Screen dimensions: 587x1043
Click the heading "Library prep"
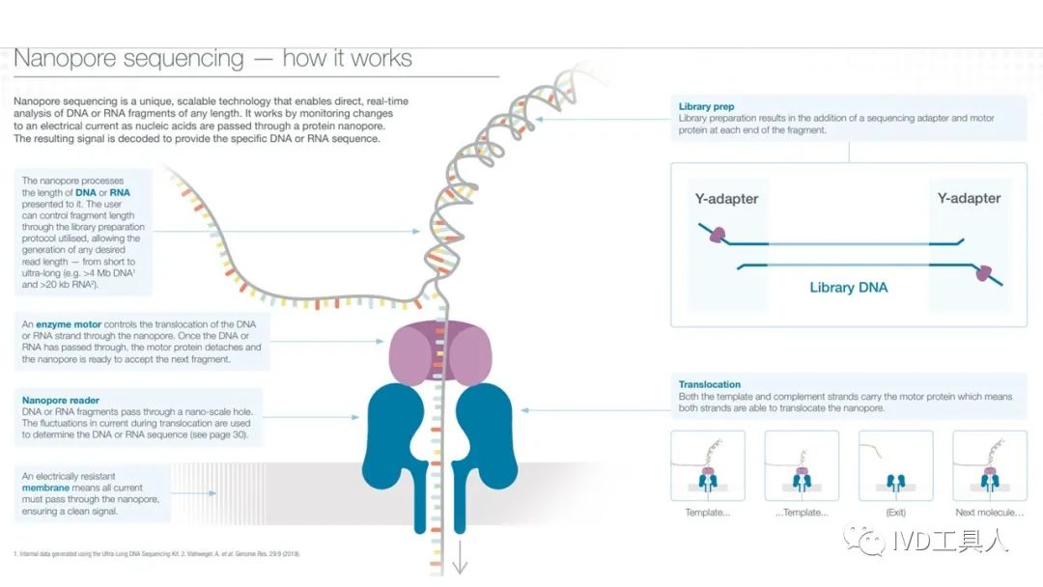click(706, 106)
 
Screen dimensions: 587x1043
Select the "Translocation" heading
click(710, 384)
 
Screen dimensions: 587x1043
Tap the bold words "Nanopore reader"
click(60, 399)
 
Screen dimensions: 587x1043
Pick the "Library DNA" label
click(848, 287)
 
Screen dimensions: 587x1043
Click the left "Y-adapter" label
click(726, 199)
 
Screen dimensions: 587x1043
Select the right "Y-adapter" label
click(969, 199)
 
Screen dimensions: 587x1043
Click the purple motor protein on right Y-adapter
click(983, 273)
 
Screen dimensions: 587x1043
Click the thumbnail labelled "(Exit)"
click(895, 465)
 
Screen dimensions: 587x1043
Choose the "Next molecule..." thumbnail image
click(989, 465)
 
